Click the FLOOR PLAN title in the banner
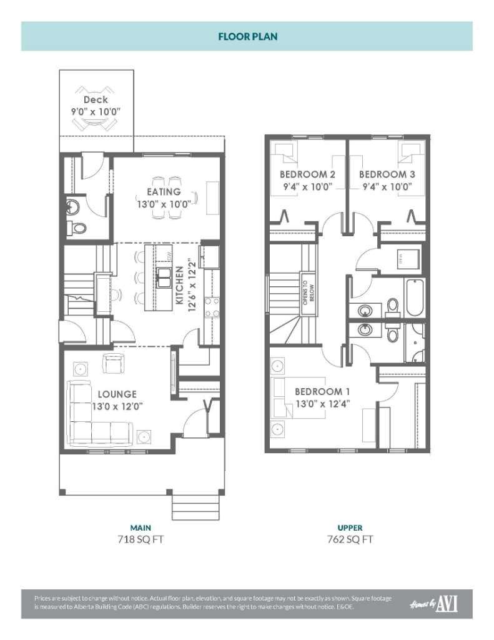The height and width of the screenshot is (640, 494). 247,37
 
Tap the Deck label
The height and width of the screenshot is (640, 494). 96,99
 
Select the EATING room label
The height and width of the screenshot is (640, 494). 164,192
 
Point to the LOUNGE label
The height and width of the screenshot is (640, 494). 117,394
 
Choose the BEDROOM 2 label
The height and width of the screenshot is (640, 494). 307,174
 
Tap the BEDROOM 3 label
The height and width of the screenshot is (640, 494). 387,174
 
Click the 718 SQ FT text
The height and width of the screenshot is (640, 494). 141,539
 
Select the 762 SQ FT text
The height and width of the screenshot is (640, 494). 350,539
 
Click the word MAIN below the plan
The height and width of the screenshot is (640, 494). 141,527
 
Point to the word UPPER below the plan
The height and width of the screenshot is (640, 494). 350,527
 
